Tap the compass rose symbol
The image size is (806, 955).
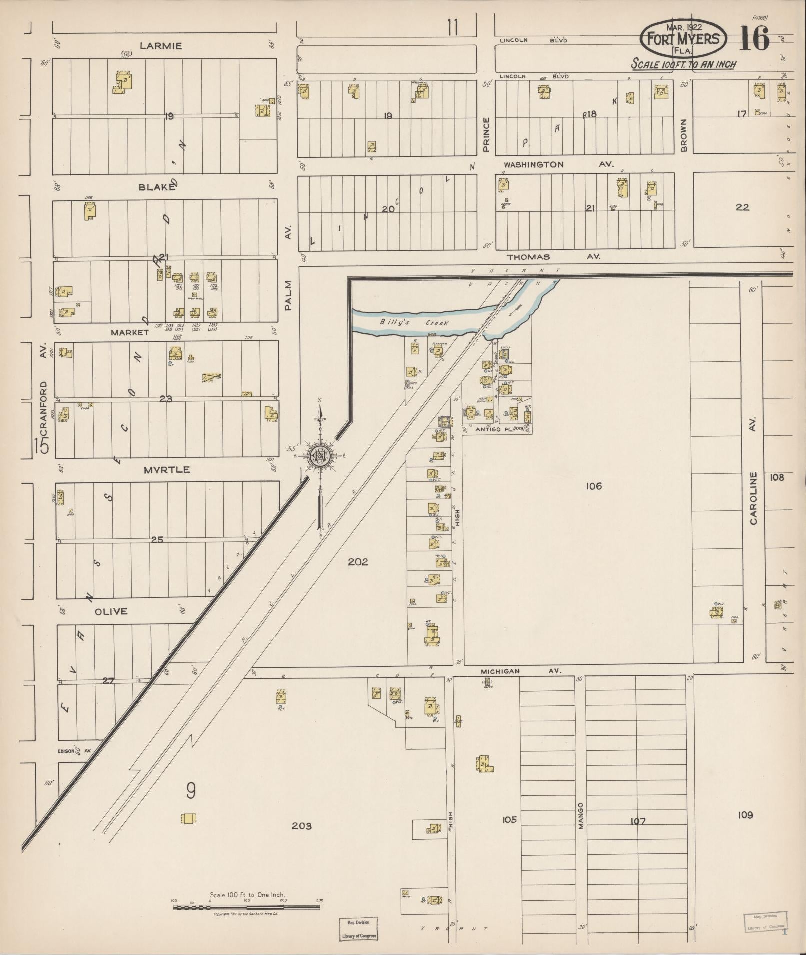coord(318,455)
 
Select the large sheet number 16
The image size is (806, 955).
coord(754,39)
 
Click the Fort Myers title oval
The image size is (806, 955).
coord(683,39)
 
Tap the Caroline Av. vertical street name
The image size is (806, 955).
coord(753,499)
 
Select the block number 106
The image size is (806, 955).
coord(594,486)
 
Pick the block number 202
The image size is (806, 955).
coord(358,562)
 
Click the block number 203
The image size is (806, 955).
coord(302,826)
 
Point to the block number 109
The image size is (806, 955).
coord(745,815)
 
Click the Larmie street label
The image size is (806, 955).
coord(161,46)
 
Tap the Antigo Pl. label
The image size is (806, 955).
coord(495,429)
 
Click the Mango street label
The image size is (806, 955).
coord(581,816)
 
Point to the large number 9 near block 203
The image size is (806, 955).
coord(190,791)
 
